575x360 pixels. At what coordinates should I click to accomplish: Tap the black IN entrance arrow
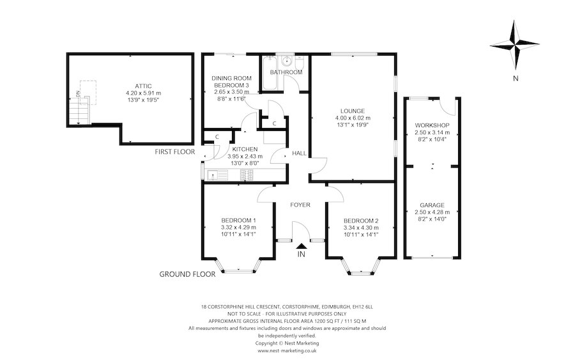301,246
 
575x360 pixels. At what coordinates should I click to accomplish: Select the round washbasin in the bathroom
288,61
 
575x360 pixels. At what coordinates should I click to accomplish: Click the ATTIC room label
143,86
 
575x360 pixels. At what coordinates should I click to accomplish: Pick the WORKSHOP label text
432,125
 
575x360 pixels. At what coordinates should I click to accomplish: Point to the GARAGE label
432,205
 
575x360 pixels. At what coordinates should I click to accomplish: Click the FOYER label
300,205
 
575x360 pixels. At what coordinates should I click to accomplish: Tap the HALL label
298,153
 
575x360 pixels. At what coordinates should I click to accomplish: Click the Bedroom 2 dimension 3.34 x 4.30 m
361,228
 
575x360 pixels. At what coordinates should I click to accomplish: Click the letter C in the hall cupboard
274,123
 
